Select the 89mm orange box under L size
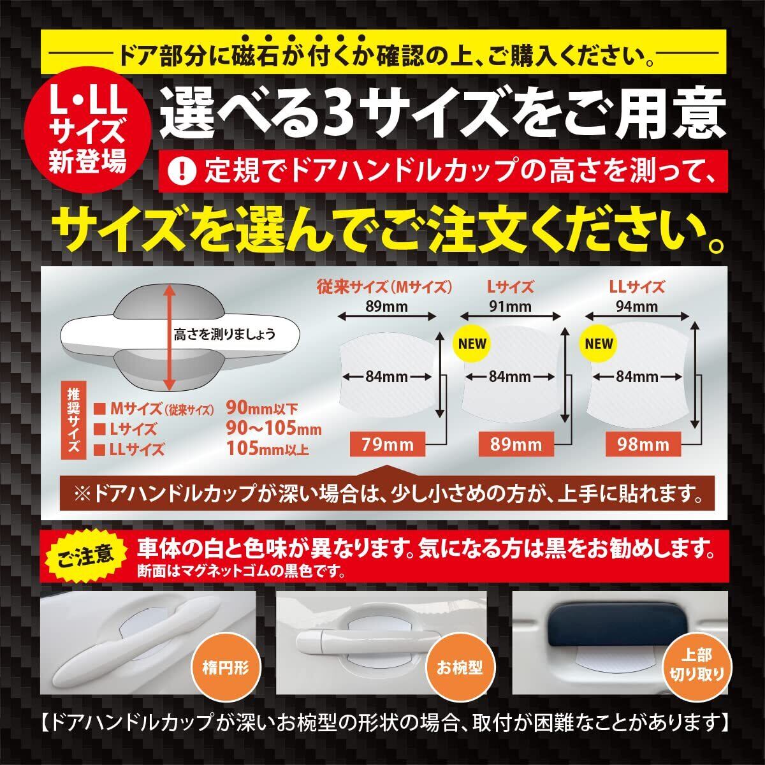(x=516, y=444)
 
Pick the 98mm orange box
(x=643, y=444)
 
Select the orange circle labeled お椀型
(x=459, y=667)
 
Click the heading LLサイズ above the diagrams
(x=636, y=286)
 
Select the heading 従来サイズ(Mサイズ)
(x=384, y=286)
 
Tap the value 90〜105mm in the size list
(x=274, y=428)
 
